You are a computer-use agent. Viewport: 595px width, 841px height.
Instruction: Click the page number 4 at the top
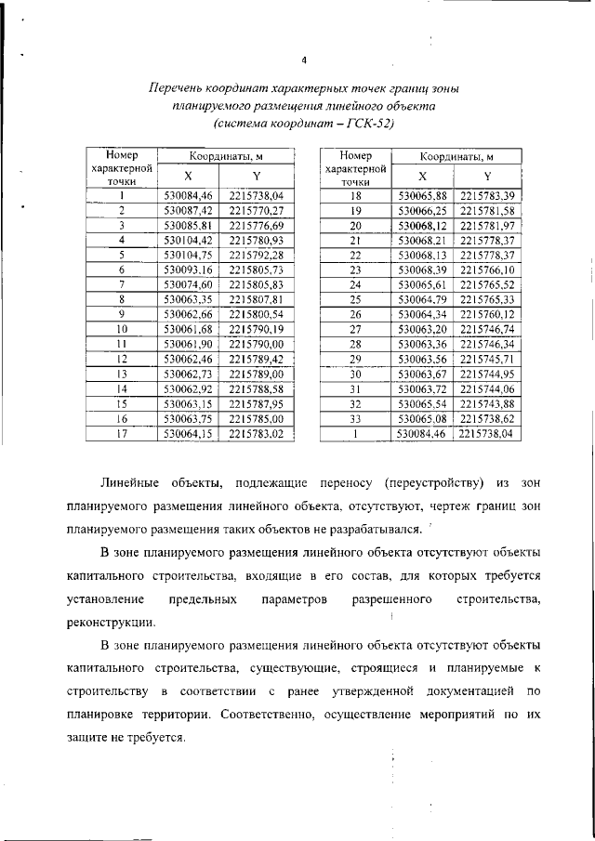[303, 61]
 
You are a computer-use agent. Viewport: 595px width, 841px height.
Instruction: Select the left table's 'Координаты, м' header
[221, 156]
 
